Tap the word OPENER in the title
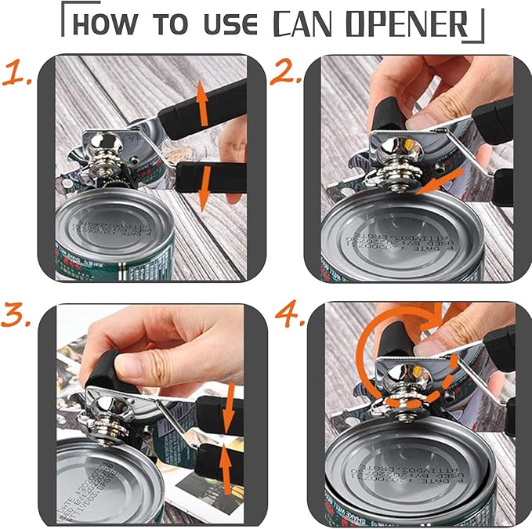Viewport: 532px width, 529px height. tap(413, 24)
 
